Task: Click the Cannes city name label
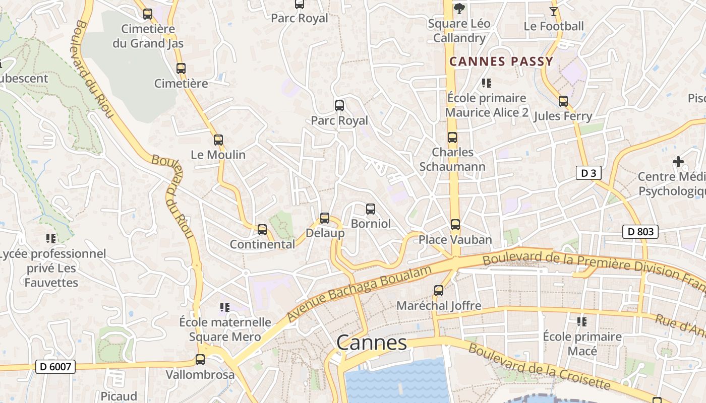[x=371, y=343]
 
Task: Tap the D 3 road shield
[x=588, y=173]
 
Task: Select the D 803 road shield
[x=640, y=232]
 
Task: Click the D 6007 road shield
[x=55, y=367]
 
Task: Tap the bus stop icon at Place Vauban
[x=455, y=225]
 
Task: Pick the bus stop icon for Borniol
[x=371, y=209]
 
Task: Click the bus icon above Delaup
[x=325, y=218]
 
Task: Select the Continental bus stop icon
[x=262, y=230]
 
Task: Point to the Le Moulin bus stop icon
[x=218, y=140]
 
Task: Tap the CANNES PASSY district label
[x=501, y=62]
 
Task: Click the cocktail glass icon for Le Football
[x=554, y=11]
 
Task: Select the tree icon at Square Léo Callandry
[x=459, y=8]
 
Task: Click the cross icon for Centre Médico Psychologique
[x=678, y=162]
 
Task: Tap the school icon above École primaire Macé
[x=582, y=321]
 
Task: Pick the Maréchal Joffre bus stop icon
[x=439, y=291]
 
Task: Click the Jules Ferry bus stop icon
[x=563, y=101]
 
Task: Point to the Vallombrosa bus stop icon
[x=200, y=360]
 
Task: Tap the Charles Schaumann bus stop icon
[x=452, y=138]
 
